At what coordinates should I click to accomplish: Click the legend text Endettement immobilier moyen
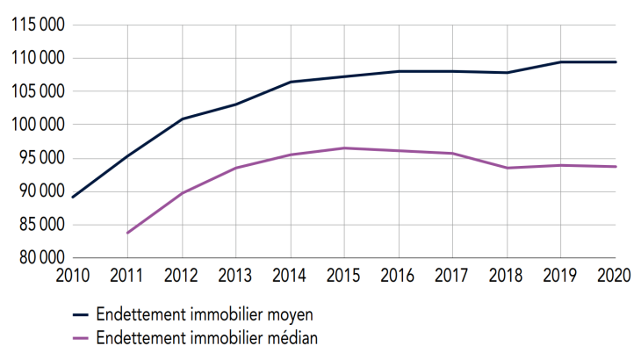[205, 313]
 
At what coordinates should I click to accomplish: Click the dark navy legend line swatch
[83, 313]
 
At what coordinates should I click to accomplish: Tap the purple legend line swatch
[83, 336]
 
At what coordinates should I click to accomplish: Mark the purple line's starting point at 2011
[127, 233]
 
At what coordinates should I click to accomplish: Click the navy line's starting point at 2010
[73, 197]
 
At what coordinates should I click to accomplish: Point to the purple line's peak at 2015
[344, 148]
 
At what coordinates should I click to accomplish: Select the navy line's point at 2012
[182, 119]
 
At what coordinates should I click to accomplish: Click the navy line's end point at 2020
[616, 62]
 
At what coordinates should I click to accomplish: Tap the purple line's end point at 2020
[616, 167]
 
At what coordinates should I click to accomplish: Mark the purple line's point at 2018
[507, 168]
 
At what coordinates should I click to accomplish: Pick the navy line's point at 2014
[290, 82]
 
